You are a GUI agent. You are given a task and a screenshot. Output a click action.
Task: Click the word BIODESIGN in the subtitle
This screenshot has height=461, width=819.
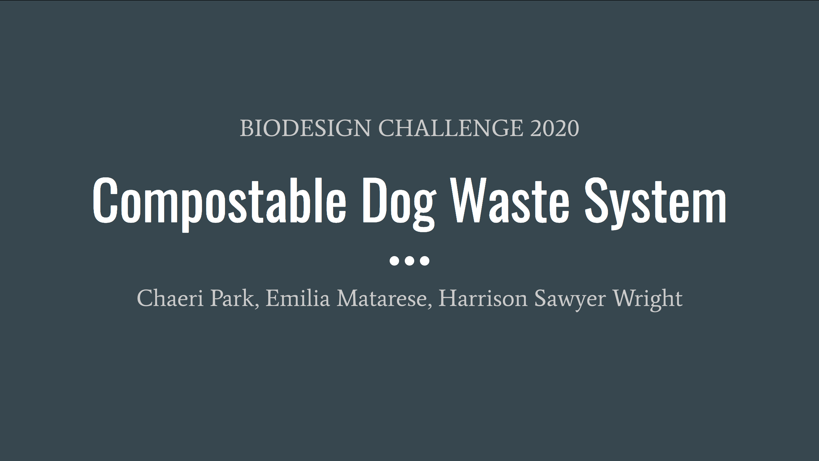pos(305,128)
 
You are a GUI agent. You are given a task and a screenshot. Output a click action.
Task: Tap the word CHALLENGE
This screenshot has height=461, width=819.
pos(450,128)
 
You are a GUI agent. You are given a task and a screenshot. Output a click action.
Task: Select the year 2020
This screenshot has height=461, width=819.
pos(555,128)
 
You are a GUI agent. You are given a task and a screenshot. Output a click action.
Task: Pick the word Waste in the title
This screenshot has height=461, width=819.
pos(510,200)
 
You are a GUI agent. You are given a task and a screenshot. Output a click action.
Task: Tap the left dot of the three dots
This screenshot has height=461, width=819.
pos(394,261)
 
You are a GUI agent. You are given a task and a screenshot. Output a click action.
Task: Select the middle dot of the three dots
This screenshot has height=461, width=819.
pos(409,261)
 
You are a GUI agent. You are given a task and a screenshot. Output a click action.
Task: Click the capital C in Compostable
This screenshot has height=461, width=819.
pos(105,200)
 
